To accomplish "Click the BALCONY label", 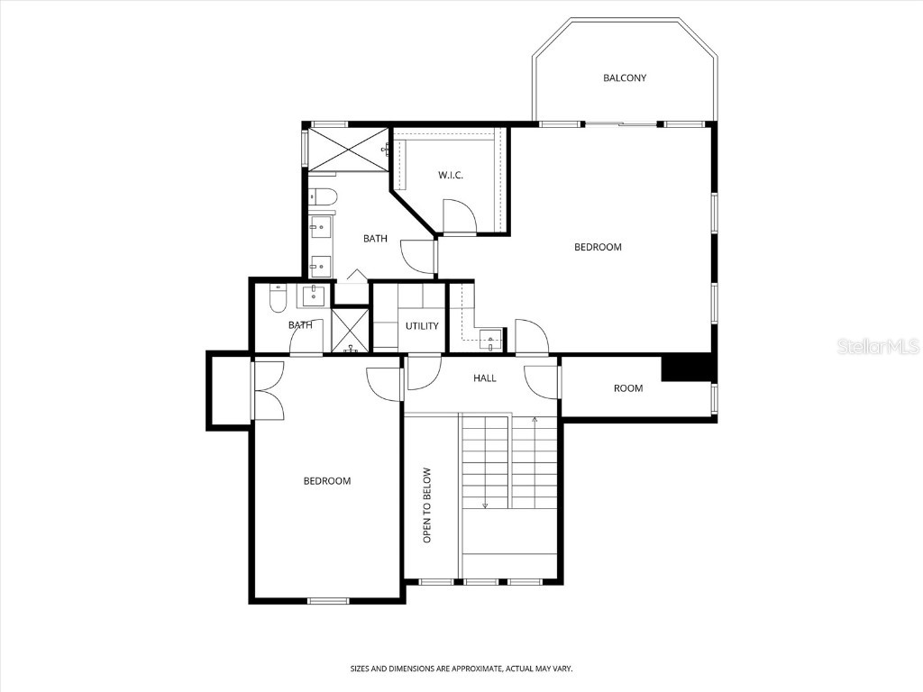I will (625, 78).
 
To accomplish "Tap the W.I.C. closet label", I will (451, 175).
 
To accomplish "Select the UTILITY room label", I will (422, 325).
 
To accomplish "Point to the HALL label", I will (485, 378).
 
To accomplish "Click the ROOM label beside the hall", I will (628, 388).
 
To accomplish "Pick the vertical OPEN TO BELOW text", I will (428, 505).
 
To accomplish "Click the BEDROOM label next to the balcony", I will (598, 247).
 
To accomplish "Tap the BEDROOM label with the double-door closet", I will (326, 481).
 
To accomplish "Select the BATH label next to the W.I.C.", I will (375, 239).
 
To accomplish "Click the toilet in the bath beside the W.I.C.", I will (323, 196).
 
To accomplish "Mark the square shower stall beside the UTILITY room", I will (350, 330).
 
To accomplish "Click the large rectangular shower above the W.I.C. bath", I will (347, 149).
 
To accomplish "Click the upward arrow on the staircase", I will (535, 420).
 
